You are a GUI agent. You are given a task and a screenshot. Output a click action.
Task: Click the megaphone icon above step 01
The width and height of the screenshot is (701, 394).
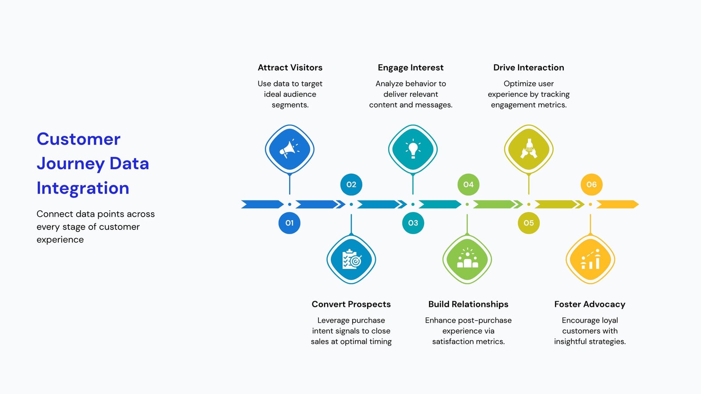pos(289,149)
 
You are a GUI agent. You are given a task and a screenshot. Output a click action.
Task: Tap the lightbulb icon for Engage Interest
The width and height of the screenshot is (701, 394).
pos(413,149)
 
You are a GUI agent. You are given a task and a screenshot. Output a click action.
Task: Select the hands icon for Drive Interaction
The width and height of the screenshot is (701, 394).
pos(528,148)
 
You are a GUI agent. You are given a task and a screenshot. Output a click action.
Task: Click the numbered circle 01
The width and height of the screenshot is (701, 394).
pos(289,223)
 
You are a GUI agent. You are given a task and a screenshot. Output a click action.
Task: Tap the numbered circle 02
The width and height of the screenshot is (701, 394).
pos(351,184)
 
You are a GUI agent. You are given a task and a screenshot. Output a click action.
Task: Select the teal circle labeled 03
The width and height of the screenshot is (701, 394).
pos(413,223)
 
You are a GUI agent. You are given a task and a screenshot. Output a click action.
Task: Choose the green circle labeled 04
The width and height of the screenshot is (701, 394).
pos(468,184)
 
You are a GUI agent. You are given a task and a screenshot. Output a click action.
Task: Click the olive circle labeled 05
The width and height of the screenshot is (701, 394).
pos(528,223)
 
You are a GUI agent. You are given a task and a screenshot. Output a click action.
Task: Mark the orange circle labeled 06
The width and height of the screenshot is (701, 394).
pos(591,184)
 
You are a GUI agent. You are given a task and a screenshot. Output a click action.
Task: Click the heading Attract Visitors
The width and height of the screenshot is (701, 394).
pos(290,67)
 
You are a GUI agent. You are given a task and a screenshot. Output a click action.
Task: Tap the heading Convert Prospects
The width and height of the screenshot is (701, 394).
pos(351,304)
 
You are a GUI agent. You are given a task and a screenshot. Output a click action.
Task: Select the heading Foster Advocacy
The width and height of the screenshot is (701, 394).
pos(590,304)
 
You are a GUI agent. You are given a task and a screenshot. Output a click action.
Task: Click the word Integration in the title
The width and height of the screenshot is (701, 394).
pos(83,188)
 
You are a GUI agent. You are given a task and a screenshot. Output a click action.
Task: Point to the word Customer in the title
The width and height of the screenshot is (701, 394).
pos(78,139)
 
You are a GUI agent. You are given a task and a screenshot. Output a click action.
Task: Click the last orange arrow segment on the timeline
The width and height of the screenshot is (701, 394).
pos(617,204)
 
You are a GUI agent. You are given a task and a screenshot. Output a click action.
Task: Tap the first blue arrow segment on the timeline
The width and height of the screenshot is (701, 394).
pos(262,204)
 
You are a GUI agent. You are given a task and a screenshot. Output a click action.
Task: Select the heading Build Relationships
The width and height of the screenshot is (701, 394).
pos(468,304)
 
